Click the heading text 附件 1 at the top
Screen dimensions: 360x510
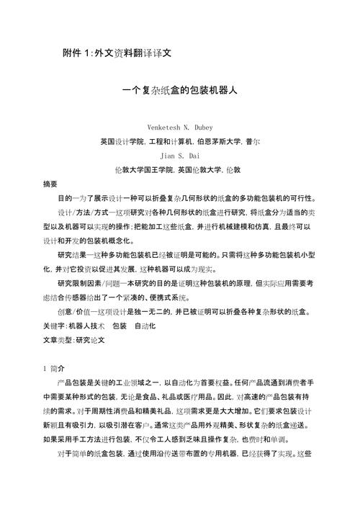pyautogui.click(x=78, y=54)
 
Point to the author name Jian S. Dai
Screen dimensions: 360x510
pyautogui.click(x=180, y=155)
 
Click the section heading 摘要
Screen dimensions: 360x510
pyautogui.click(x=51, y=184)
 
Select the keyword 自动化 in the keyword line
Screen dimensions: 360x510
pyautogui.click(x=147, y=324)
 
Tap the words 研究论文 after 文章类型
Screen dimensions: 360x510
pyautogui.click(x=91, y=338)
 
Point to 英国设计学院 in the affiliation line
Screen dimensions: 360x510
pyautogui.click(x=122, y=141)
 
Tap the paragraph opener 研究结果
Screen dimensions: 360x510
pyautogui.click(x=71, y=254)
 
